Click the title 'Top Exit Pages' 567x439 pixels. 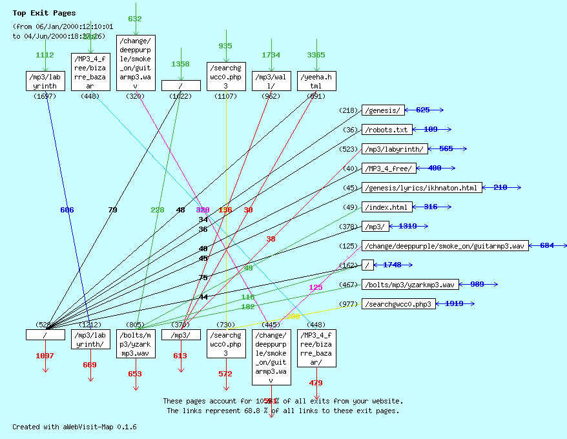click(44, 13)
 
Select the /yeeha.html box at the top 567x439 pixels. click(316, 81)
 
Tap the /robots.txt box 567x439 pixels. click(386, 130)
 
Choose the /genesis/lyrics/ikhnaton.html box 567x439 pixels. click(422, 188)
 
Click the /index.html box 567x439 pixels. click(386, 207)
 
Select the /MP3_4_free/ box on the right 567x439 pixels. click(389, 168)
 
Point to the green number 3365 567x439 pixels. click(316, 56)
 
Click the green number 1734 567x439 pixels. click(271, 56)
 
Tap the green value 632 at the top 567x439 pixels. click(135, 19)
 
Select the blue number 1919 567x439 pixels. click(454, 304)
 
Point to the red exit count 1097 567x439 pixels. click(45, 356)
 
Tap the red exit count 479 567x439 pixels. click(316, 383)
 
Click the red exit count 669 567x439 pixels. click(90, 365)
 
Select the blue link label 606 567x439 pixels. click(67, 210)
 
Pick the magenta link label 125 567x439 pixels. click(316, 287)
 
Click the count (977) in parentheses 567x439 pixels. click(348, 304)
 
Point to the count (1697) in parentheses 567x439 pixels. click(45, 96)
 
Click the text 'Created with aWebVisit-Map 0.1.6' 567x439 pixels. click(74, 427)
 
